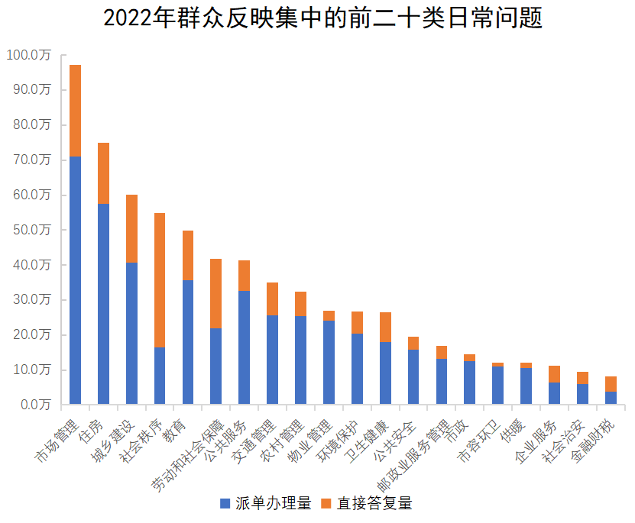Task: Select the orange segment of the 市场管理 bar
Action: [x=75, y=111]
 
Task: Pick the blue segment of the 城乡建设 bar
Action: [x=131, y=333]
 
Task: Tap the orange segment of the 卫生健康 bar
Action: [x=385, y=327]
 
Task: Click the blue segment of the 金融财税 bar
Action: [x=611, y=398]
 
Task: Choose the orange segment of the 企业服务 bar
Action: [x=555, y=374]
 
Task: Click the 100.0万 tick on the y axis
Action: [x=27, y=55]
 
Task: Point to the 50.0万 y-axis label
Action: [x=30, y=230]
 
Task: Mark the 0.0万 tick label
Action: [x=33, y=405]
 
